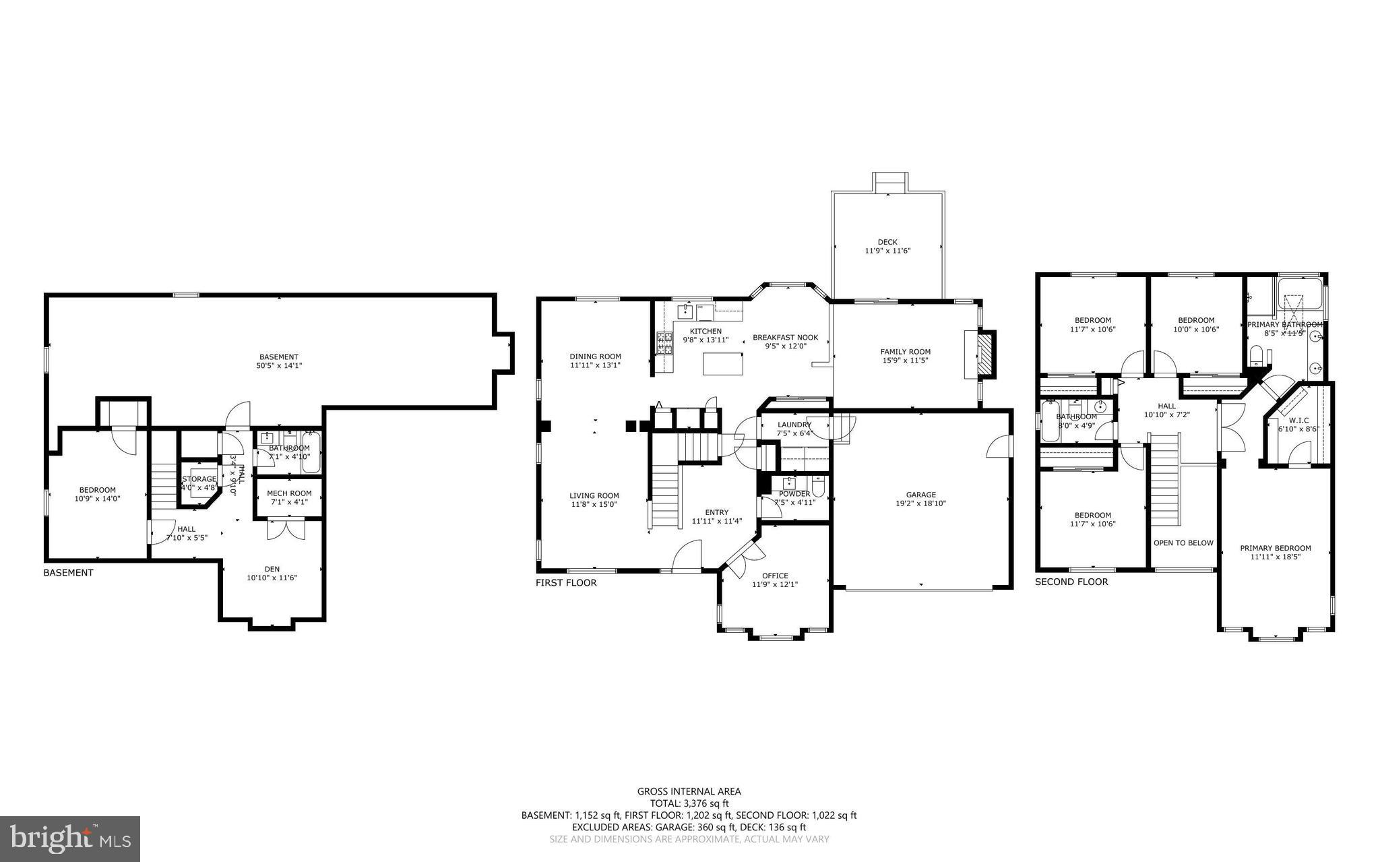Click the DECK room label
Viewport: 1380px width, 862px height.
point(887,242)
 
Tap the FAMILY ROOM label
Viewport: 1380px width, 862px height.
point(905,351)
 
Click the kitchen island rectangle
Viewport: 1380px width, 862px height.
point(722,364)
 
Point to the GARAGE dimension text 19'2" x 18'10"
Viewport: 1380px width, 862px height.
point(920,503)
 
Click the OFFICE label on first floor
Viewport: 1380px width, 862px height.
point(775,576)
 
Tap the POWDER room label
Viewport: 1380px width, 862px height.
point(794,493)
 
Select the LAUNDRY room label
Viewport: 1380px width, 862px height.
point(794,425)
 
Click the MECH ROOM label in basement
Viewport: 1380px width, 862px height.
point(289,493)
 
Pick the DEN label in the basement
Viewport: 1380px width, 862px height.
point(272,569)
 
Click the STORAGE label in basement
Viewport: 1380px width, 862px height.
point(199,479)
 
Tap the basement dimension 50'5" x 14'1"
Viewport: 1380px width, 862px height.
point(278,365)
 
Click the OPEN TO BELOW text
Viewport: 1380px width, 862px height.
point(1183,543)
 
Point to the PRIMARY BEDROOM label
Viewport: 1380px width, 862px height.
point(1275,548)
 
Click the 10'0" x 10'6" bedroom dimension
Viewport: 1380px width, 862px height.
point(1195,330)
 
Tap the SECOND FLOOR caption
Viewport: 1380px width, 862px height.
point(1071,582)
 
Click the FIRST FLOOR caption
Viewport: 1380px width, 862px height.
point(566,582)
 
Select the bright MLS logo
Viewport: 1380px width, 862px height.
point(70,838)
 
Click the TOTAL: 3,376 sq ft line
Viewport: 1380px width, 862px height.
point(689,803)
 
